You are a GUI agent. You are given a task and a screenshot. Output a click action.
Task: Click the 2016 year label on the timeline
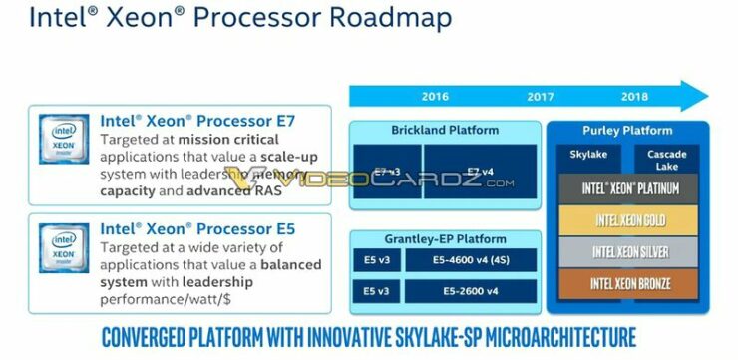click(x=435, y=97)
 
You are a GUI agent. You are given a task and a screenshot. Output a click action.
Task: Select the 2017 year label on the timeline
click(x=540, y=97)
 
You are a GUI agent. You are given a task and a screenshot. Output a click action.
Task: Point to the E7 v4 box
click(x=481, y=172)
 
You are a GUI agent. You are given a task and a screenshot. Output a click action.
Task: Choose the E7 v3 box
click(x=386, y=172)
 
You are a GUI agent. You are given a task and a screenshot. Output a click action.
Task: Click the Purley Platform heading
click(x=626, y=130)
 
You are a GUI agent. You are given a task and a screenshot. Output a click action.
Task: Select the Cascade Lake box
click(x=667, y=160)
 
